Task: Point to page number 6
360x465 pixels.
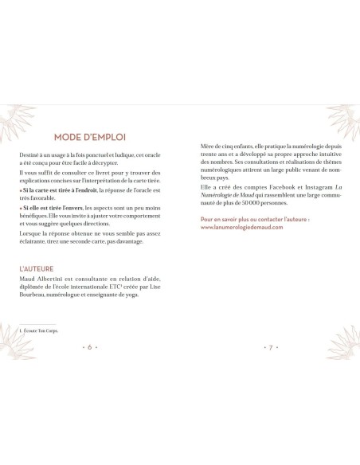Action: (x=90, y=347)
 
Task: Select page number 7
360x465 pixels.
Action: (x=271, y=347)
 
